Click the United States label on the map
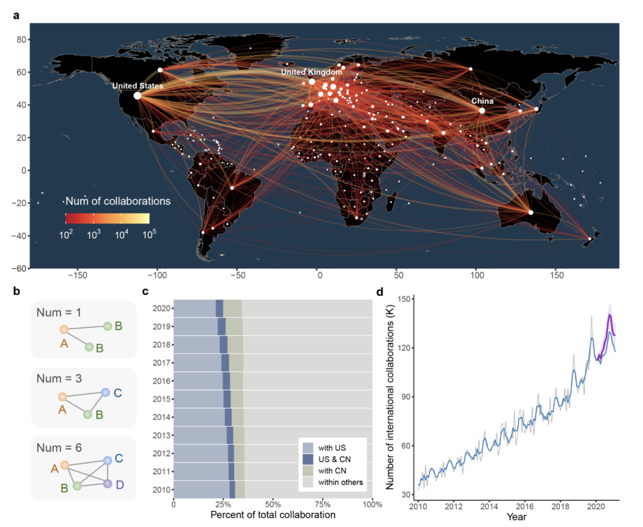[137, 86]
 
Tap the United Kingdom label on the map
[311, 72]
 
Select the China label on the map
[482, 101]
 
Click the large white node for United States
[137, 96]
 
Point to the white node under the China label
[482, 111]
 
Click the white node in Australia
[531, 212]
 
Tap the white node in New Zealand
[589, 239]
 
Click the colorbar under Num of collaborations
[107, 218]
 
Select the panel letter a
[16, 15]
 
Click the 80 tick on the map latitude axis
[21, 39]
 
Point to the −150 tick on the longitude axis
[78, 276]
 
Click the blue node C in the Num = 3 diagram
[105, 392]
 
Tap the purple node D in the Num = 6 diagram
[108, 484]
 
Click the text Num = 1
[59, 313]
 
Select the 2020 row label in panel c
[161, 309]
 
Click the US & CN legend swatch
[308, 459]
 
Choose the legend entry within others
[340, 482]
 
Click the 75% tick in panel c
[323, 504]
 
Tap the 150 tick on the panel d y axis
[404, 299]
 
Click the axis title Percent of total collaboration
[273, 515]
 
